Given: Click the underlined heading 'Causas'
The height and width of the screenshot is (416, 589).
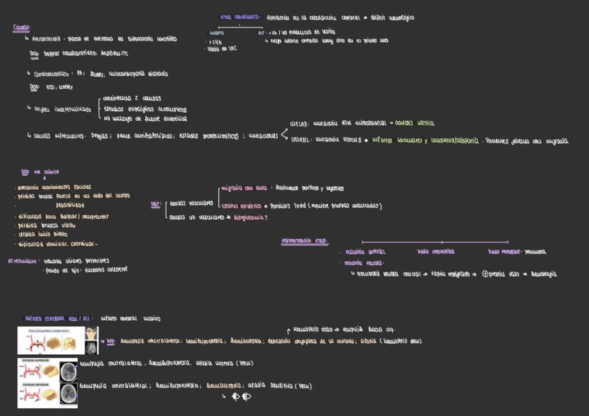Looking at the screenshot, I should click(x=22, y=28).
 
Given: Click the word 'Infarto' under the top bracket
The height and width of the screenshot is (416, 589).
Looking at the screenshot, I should click(x=217, y=33).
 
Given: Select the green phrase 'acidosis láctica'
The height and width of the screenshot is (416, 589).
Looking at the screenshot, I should click(x=415, y=123).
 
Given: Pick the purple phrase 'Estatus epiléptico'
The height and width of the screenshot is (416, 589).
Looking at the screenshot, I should click(x=240, y=206).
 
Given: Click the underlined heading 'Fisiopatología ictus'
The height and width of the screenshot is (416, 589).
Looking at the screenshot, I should click(x=304, y=241).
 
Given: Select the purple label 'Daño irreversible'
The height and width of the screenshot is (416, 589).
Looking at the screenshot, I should click(x=435, y=252).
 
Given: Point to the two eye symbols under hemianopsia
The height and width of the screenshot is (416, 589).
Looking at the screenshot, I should click(x=241, y=397).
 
